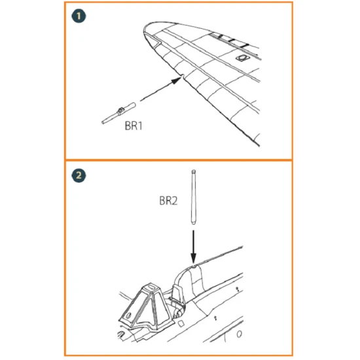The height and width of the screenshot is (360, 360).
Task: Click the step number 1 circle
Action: [79, 16]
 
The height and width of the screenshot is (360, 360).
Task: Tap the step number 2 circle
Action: [79, 175]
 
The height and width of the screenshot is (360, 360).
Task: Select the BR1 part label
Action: [134, 126]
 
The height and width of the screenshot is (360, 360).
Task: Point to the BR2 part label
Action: [168, 201]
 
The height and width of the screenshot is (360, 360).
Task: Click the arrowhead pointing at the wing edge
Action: [176, 81]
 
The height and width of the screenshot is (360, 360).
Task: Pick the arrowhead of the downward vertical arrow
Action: [194, 259]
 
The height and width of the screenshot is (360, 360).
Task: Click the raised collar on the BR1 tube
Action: [120, 111]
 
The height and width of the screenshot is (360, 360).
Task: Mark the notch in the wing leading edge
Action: [183, 75]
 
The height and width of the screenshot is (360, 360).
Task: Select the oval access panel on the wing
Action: [242, 58]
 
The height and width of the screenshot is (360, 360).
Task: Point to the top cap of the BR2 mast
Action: [194, 171]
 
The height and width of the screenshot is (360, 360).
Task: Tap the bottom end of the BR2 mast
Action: [193, 223]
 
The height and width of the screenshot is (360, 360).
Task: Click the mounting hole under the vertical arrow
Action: [194, 266]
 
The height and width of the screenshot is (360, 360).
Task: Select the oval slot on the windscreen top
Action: [151, 287]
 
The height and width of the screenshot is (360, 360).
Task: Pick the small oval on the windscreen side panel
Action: [128, 315]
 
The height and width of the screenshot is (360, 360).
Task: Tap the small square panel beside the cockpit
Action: [181, 324]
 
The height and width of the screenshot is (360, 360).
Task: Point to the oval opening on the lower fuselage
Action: [239, 334]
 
